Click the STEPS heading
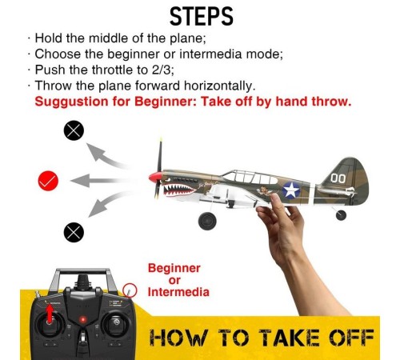pyautogui.click(x=202, y=17)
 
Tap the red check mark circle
pyautogui.click(x=48, y=181)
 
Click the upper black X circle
pyautogui.click(x=74, y=130)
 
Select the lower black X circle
pyautogui.click(x=74, y=232)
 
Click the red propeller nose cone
pyautogui.click(x=155, y=178)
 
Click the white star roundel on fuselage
pyautogui.click(x=291, y=190)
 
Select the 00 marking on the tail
pyautogui.click(x=338, y=178)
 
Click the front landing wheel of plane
pyautogui.click(x=207, y=221)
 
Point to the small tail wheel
pyautogui.click(x=341, y=215)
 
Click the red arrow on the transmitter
pyautogui.click(x=50, y=314)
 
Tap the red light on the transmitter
pyautogui.click(x=82, y=319)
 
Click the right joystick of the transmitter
pyautogui.click(x=116, y=323)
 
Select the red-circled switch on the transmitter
pyautogui.click(x=130, y=290)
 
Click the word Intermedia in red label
pyautogui.click(x=178, y=292)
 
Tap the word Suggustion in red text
pyautogui.click(x=71, y=102)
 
